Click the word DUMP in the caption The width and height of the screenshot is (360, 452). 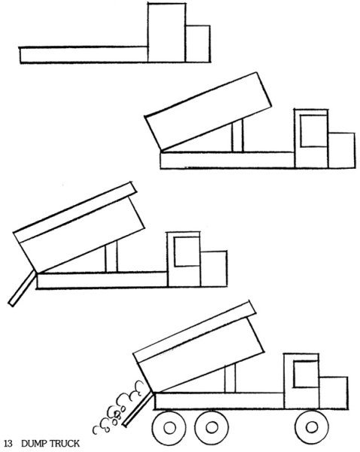coord(33,444)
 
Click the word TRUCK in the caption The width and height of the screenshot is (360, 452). coord(64,444)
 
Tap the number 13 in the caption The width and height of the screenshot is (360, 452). coord(8,444)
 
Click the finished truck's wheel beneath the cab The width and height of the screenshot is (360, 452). coord(312,427)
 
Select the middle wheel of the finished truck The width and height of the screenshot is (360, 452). coord(212,427)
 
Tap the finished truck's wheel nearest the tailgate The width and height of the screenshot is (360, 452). coord(169,427)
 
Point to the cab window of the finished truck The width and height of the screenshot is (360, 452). coord(306,374)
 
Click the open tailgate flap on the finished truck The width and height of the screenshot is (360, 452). coord(137,409)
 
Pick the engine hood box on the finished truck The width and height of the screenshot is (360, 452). coord(333,392)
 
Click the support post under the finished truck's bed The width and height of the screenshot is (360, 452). coord(230,378)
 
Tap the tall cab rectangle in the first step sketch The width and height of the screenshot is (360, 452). coord(166,32)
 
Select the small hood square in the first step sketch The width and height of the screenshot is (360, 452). coord(198,44)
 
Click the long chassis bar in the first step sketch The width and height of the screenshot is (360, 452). coord(84,55)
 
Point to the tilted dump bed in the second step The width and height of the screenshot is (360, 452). coord(208,111)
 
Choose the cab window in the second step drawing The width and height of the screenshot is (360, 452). coord(313,131)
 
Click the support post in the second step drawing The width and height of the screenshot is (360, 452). coord(237,136)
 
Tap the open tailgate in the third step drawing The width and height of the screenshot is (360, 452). coord(22,289)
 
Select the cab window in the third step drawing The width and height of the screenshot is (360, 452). coord(187,252)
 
